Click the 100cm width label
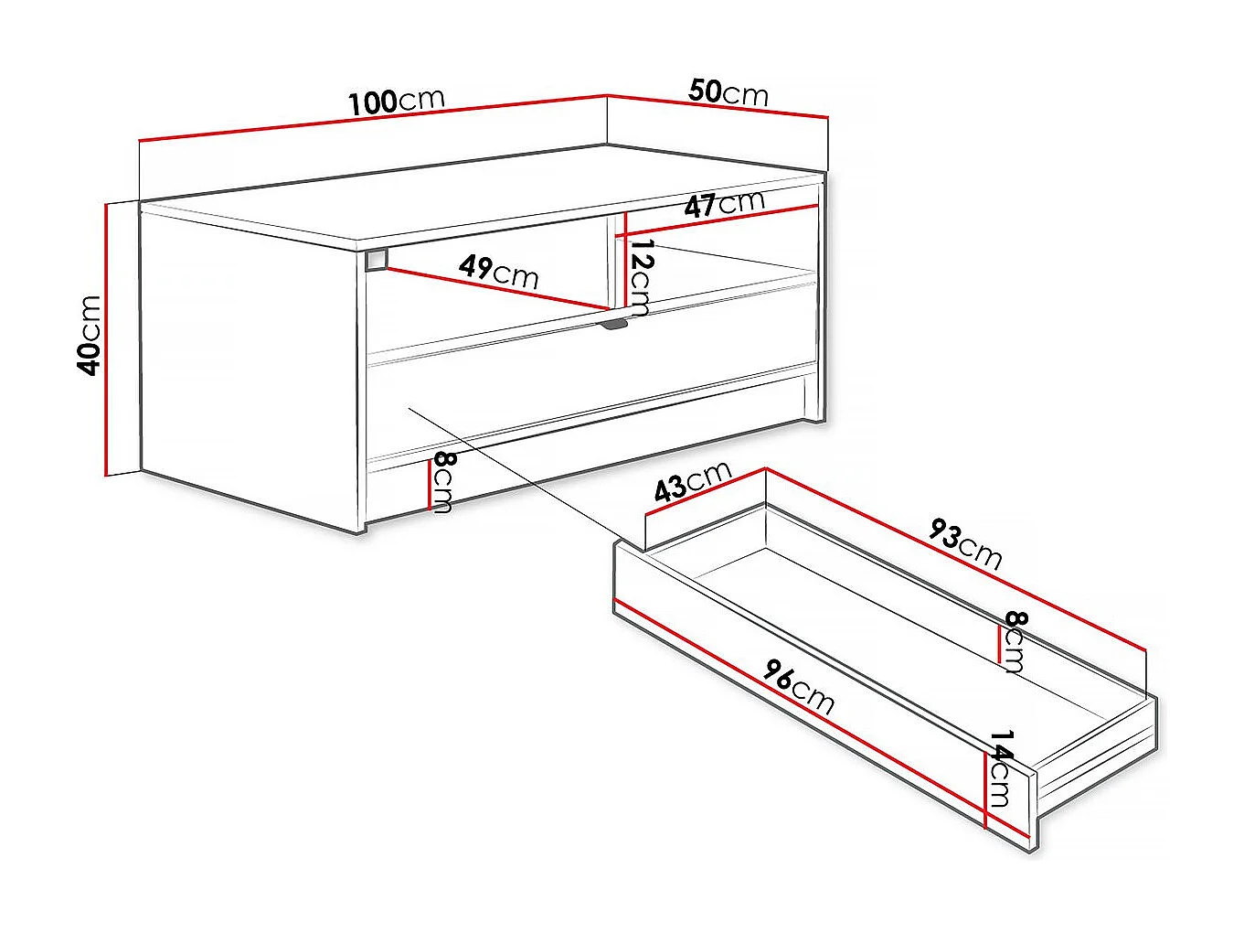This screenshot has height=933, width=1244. click(x=397, y=101)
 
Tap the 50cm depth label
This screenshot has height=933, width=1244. click(x=728, y=92)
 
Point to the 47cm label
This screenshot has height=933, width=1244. click(x=724, y=204)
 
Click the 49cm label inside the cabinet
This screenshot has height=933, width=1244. click(x=499, y=271)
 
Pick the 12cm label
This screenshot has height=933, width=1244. click(x=642, y=278)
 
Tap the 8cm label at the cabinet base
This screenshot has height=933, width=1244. click(x=443, y=482)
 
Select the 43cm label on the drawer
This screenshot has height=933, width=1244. click(x=693, y=481)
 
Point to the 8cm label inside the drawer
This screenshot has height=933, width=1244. click(x=1015, y=642)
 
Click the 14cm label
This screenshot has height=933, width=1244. click(x=1000, y=768)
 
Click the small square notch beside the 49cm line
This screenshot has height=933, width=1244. click(x=376, y=260)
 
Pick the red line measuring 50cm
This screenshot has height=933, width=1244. click(x=718, y=106)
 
